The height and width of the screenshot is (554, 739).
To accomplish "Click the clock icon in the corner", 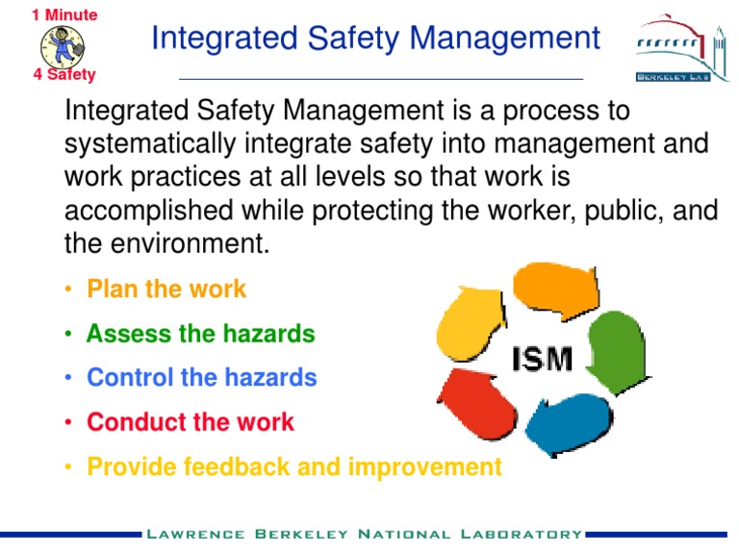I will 63,44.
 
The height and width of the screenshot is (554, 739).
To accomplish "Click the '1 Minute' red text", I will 64,14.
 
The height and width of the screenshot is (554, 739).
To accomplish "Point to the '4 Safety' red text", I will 64,75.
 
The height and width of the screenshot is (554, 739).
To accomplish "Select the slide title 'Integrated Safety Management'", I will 376,38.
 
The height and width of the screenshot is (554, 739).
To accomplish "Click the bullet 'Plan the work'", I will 166,289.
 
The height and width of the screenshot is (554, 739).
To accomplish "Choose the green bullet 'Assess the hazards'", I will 200,334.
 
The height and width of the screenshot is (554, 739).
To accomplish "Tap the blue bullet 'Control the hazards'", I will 201,378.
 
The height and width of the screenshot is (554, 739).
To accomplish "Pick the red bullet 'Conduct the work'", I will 191,422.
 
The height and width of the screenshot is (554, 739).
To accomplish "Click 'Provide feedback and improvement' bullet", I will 293,466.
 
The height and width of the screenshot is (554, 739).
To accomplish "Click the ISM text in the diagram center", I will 541,360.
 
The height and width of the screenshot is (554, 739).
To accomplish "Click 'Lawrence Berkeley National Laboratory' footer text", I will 364,534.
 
